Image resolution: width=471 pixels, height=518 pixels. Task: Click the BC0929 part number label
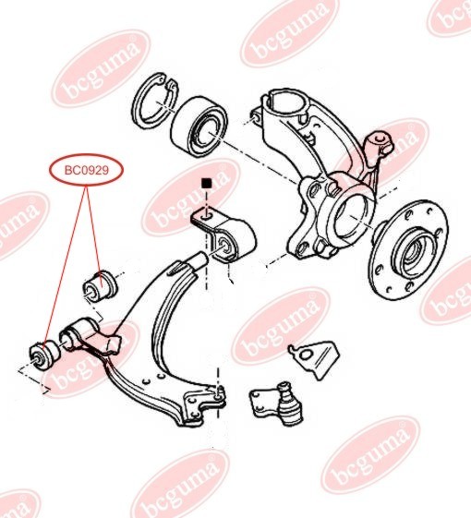86,171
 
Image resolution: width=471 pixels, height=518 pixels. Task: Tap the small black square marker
207,183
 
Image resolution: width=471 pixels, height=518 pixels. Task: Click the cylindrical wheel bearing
199,127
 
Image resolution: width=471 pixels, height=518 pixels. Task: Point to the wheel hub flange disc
408,250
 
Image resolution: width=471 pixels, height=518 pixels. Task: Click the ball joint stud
284,389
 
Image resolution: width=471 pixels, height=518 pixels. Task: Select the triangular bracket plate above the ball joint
314,359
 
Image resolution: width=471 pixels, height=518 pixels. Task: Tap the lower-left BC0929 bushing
44,355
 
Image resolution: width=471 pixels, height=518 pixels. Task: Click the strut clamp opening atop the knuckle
285,103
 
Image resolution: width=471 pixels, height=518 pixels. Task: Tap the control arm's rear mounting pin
199,259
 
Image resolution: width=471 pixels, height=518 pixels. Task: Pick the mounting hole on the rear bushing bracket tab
205,217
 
